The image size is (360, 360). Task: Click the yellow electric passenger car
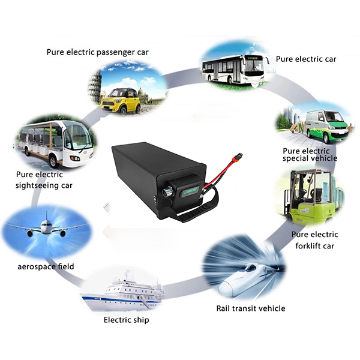coord(121,101)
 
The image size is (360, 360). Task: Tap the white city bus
coord(233,68)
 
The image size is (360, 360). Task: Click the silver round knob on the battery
coord(167,191)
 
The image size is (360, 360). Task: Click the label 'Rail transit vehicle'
coord(251,308)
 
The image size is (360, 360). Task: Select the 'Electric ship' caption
coord(126,320)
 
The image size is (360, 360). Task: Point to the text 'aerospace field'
coord(46,266)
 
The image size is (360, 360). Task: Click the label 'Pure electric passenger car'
coord(98,52)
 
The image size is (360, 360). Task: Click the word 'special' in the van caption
coord(295,158)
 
